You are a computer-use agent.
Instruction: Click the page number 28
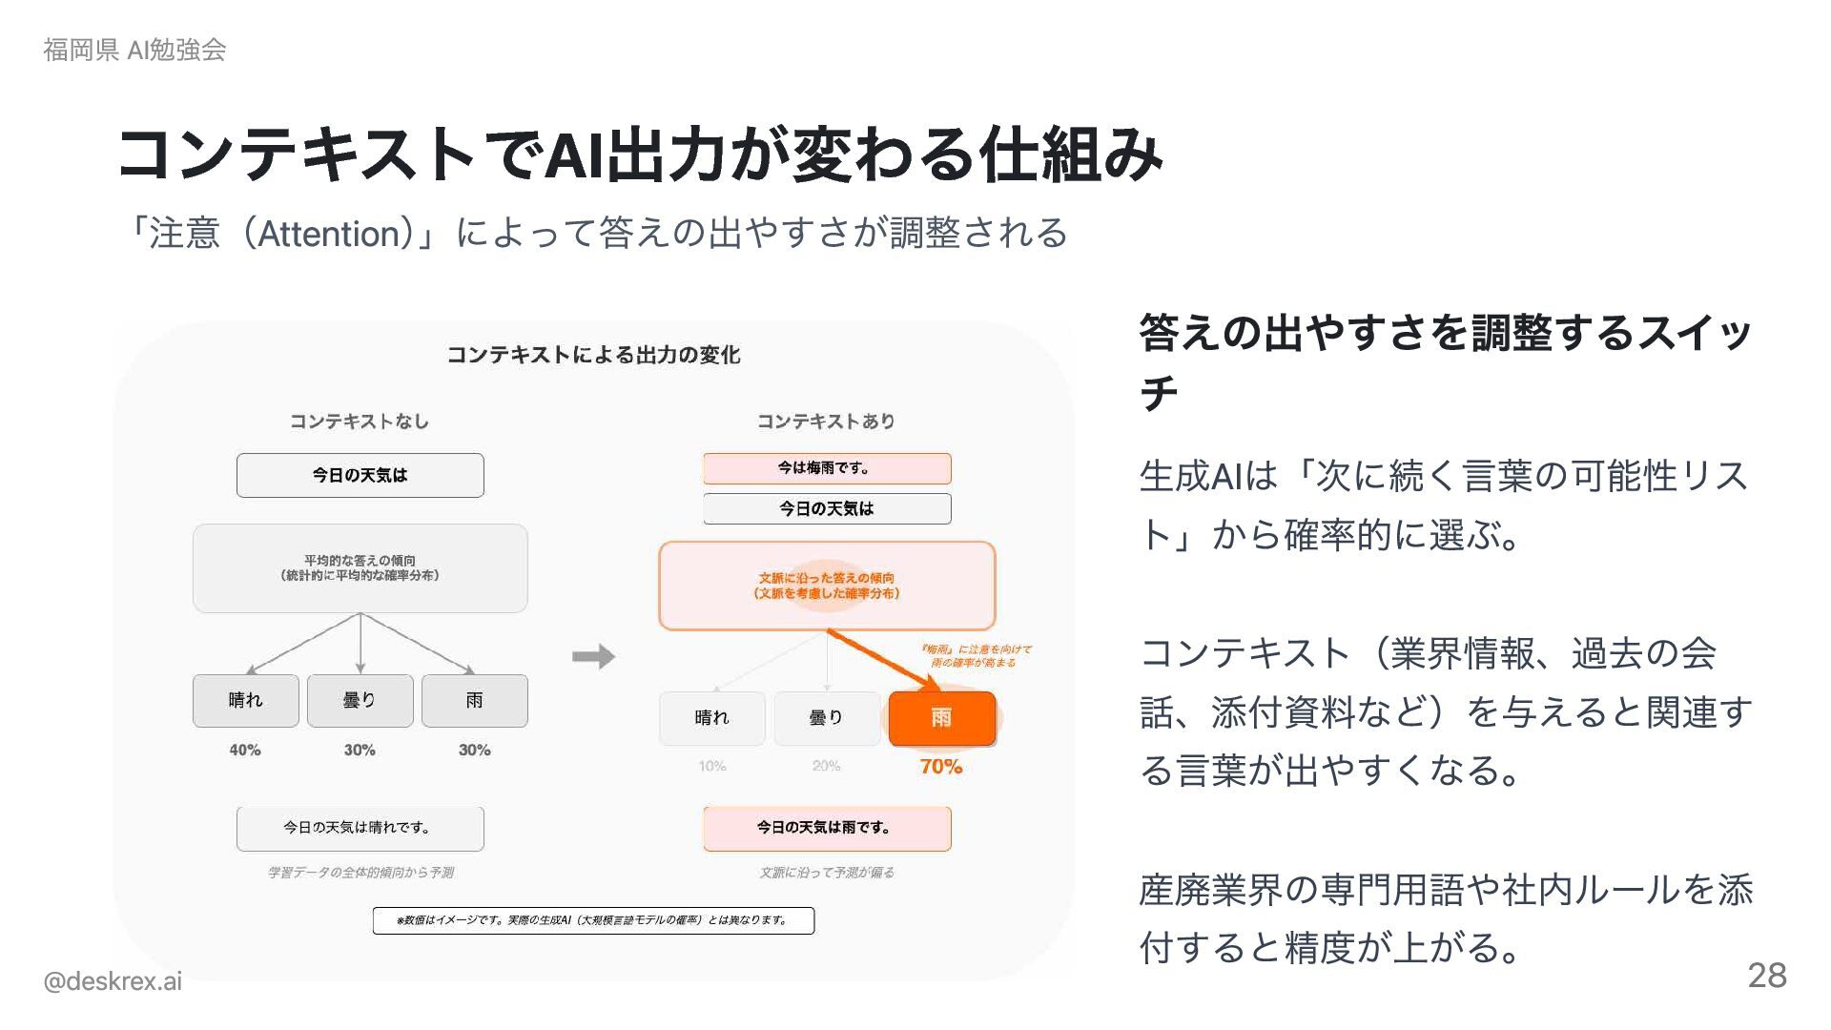(1766, 975)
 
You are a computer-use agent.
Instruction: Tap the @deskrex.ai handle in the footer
(112, 981)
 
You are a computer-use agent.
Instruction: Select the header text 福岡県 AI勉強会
(134, 50)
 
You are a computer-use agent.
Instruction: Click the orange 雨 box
(941, 718)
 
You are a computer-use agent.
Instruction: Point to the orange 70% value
(940, 766)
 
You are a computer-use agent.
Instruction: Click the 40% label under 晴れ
(245, 750)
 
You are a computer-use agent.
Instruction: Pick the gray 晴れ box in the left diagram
(245, 700)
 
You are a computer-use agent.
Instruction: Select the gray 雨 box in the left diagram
(474, 700)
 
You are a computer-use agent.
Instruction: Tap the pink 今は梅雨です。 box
(827, 468)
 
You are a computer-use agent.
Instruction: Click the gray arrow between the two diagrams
(593, 656)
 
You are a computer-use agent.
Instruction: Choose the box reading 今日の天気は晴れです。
(360, 828)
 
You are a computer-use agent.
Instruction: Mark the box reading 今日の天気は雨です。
(827, 828)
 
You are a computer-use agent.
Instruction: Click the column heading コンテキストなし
(360, 421)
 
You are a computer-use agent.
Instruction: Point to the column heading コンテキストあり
(826, 421)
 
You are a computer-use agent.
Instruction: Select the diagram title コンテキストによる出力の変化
(593, 355)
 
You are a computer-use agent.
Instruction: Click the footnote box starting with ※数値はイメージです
(593, 920)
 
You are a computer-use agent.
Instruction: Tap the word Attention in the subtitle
(329, 234)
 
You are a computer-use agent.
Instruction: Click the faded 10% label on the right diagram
(712, 766)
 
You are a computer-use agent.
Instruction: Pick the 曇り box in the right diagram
(826, 718)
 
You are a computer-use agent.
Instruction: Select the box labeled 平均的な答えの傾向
(360, 567)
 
